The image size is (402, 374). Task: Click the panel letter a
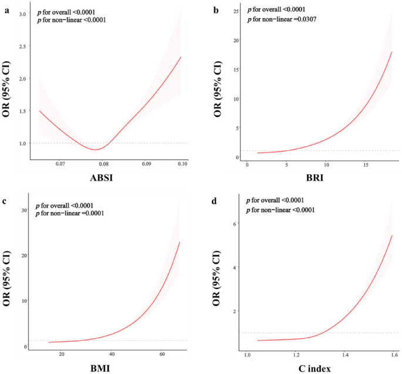(6, 7)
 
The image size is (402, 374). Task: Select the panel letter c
(6, 200)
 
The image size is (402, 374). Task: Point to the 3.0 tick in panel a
(23, 13)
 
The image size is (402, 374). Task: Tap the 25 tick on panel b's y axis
(235, 11)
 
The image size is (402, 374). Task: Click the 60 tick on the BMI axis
(161, 354)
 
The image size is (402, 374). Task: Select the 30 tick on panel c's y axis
(24, 210)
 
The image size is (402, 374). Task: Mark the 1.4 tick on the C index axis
(345, 354)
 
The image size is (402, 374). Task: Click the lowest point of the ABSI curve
(96, 149)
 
